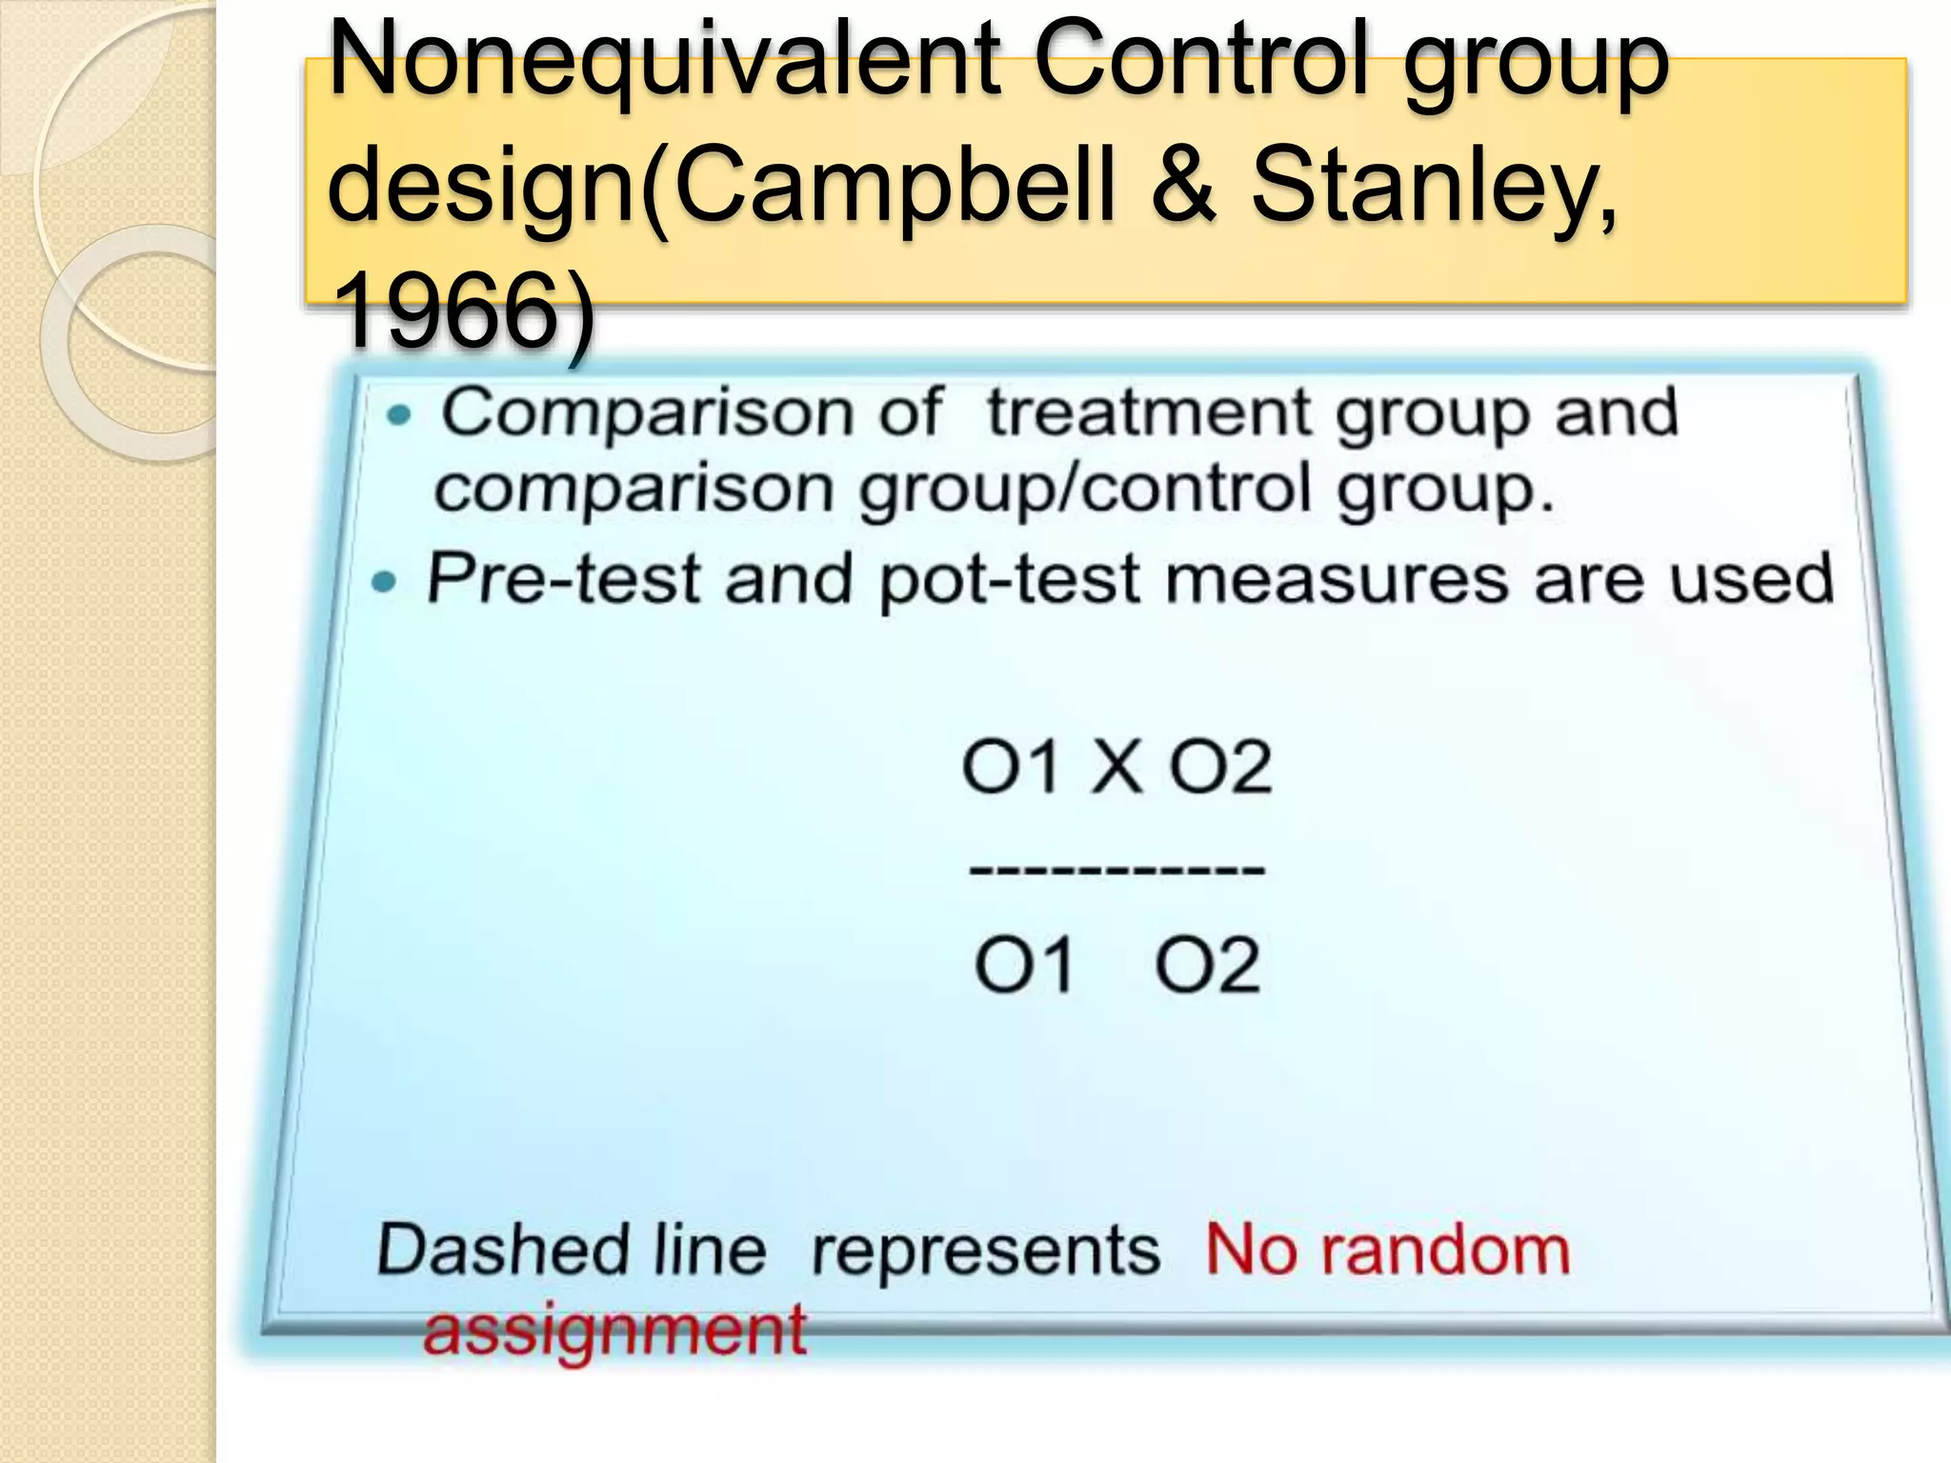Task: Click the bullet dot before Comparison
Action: [x=400, y=415]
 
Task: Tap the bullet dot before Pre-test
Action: [x=384, y=581]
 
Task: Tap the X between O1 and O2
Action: [x=1116, y=767]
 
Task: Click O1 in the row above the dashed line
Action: [x=1011, y=767]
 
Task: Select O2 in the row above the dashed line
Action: [x=1220, y=767]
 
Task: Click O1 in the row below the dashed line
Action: [x=1024, y=965]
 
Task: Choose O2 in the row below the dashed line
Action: [x=1208, y=965]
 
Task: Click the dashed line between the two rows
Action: [x=1116, y=869]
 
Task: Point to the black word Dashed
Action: [x=503, y=1250]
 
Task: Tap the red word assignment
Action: [x=615, y=1331]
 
